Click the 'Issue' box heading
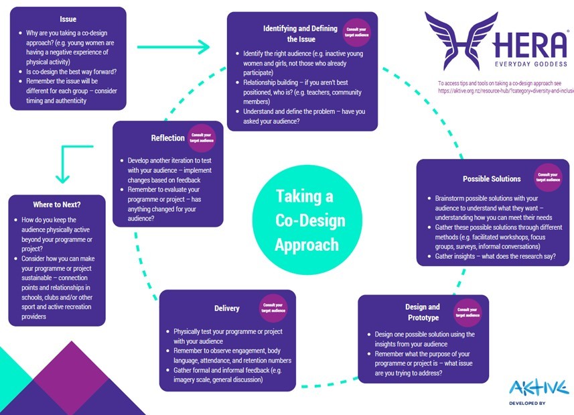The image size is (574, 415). point(68,19)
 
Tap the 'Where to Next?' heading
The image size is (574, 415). point(56,204)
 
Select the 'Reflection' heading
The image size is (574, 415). point(167,138)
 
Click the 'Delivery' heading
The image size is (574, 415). point(226,308)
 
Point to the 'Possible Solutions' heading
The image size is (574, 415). point(491,179)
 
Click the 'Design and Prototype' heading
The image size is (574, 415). point(423,312)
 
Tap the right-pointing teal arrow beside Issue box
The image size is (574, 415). point(174,47)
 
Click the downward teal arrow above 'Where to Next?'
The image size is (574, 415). point(63,164)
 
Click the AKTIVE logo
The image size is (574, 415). point(538,387)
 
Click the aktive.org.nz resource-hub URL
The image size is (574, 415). point(506,90)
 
